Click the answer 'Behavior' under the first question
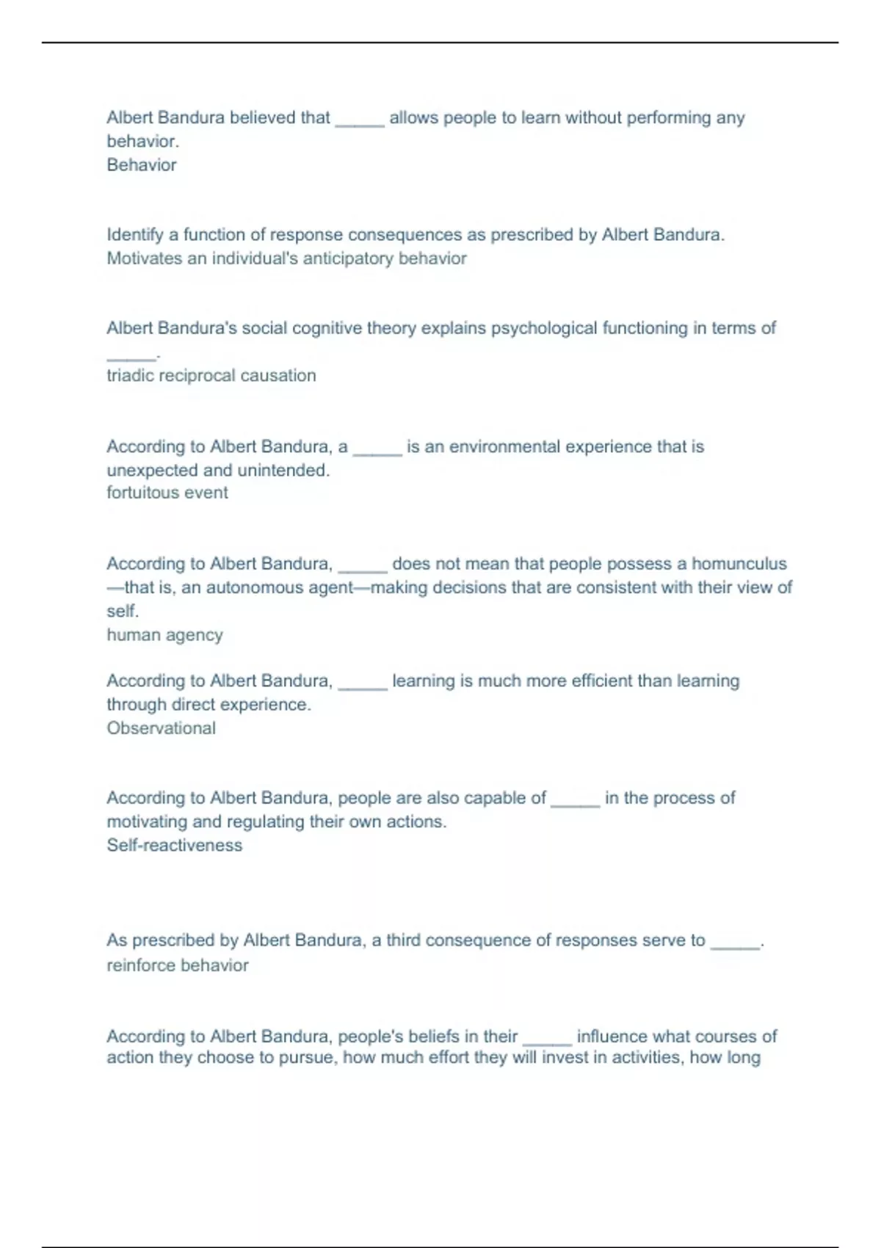[142, 165]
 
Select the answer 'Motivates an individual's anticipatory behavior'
[286, 258]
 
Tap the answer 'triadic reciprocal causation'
[211, 375]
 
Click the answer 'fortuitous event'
[167, 493]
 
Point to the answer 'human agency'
[164, 635]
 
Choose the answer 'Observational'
[161, 728]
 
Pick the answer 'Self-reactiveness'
[174, 845]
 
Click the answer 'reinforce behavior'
[178, 965]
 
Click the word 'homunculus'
[739, 564]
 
